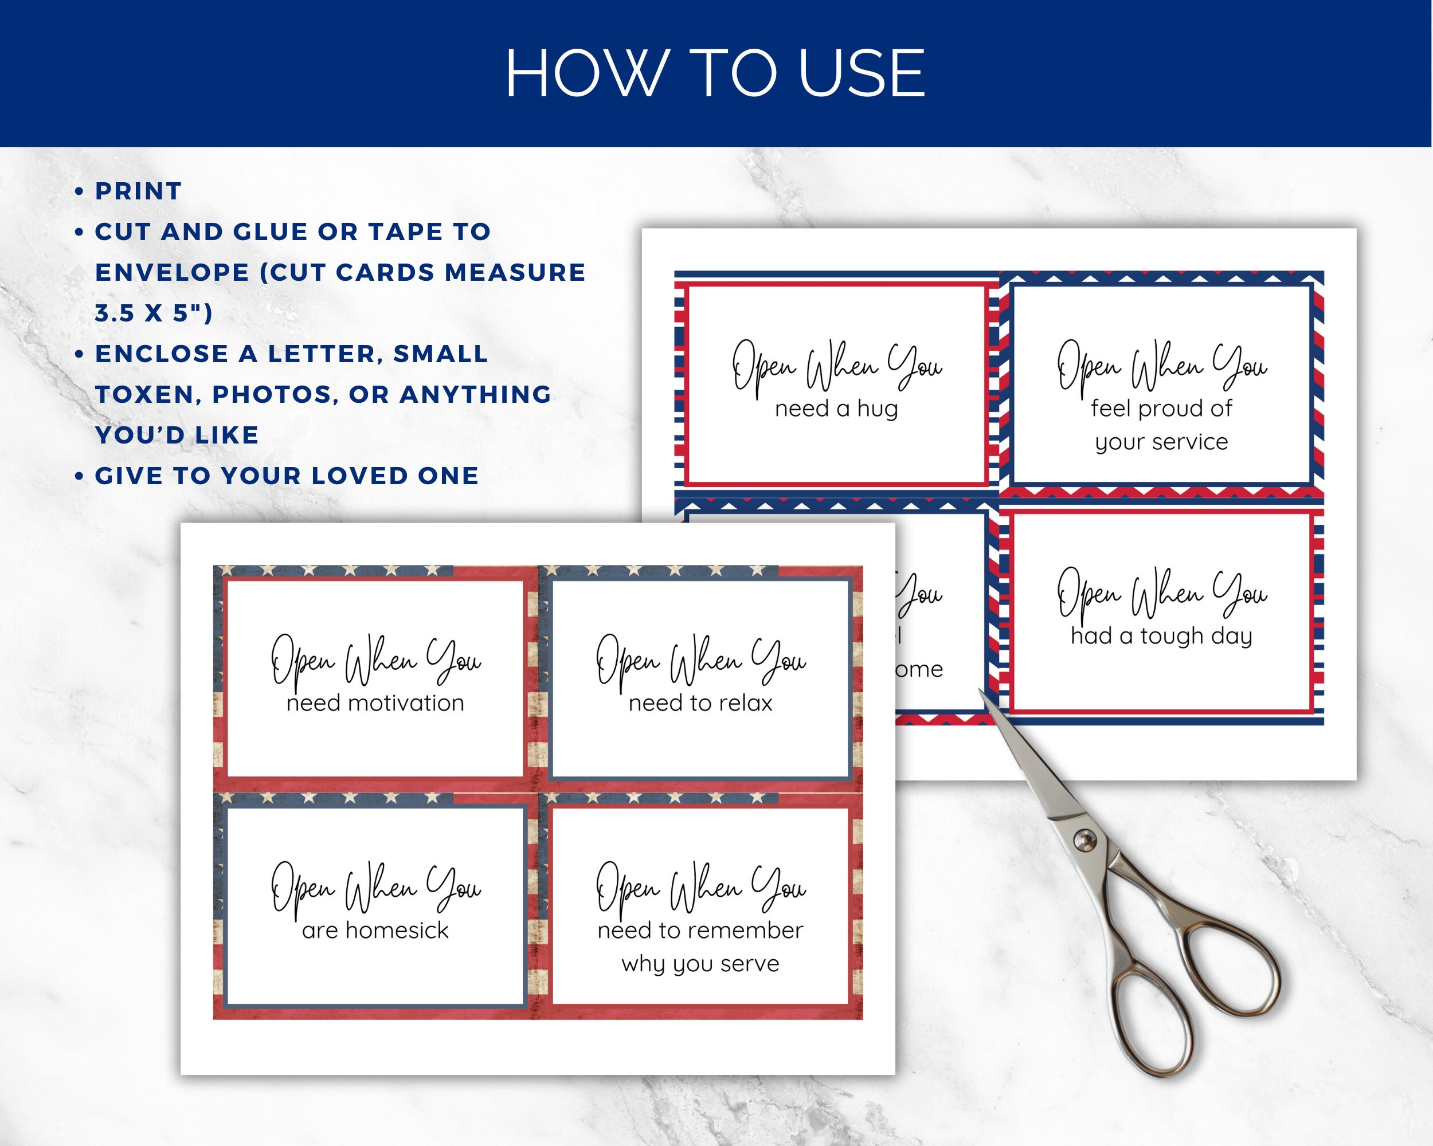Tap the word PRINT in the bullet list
coord(138,191)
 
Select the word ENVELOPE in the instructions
coord(172,272)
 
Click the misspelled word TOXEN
coord(144,395)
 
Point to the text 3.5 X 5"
coord(154,313)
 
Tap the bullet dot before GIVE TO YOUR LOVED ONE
coord(79,476)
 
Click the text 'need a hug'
coord(836,409)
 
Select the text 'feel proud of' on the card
coord(1161,409)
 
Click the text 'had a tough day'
coord(1161,637)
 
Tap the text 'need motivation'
coord(375,703)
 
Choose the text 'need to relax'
coord(700,703)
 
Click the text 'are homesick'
coord(375,931)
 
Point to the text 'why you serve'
coord(700,964)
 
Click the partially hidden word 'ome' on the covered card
coord(919,670)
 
